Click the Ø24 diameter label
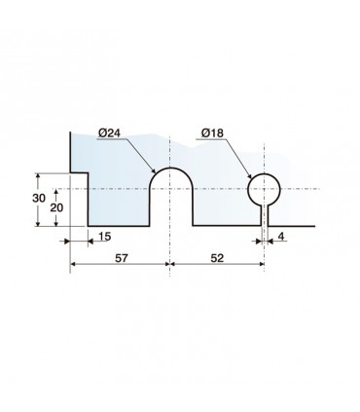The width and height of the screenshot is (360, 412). [x=109, y=132]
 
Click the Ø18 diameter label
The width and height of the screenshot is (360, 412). [x=212, y=132]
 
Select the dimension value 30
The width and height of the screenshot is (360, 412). [x=39, y=198]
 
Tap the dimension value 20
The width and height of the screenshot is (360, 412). [x=56, y=207]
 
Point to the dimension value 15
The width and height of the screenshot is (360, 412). [x=104, y=237]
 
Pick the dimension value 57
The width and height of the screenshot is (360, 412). [x=122, y=258]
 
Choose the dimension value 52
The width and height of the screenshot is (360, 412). [x=217, y=258]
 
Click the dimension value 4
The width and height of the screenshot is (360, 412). [x=281, y=237]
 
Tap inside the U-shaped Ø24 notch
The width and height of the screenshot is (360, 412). [x=171, y=198]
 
